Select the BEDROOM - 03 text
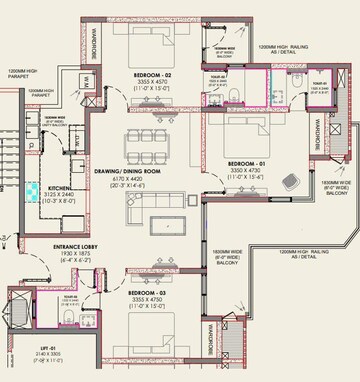click(x=152, y=294)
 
